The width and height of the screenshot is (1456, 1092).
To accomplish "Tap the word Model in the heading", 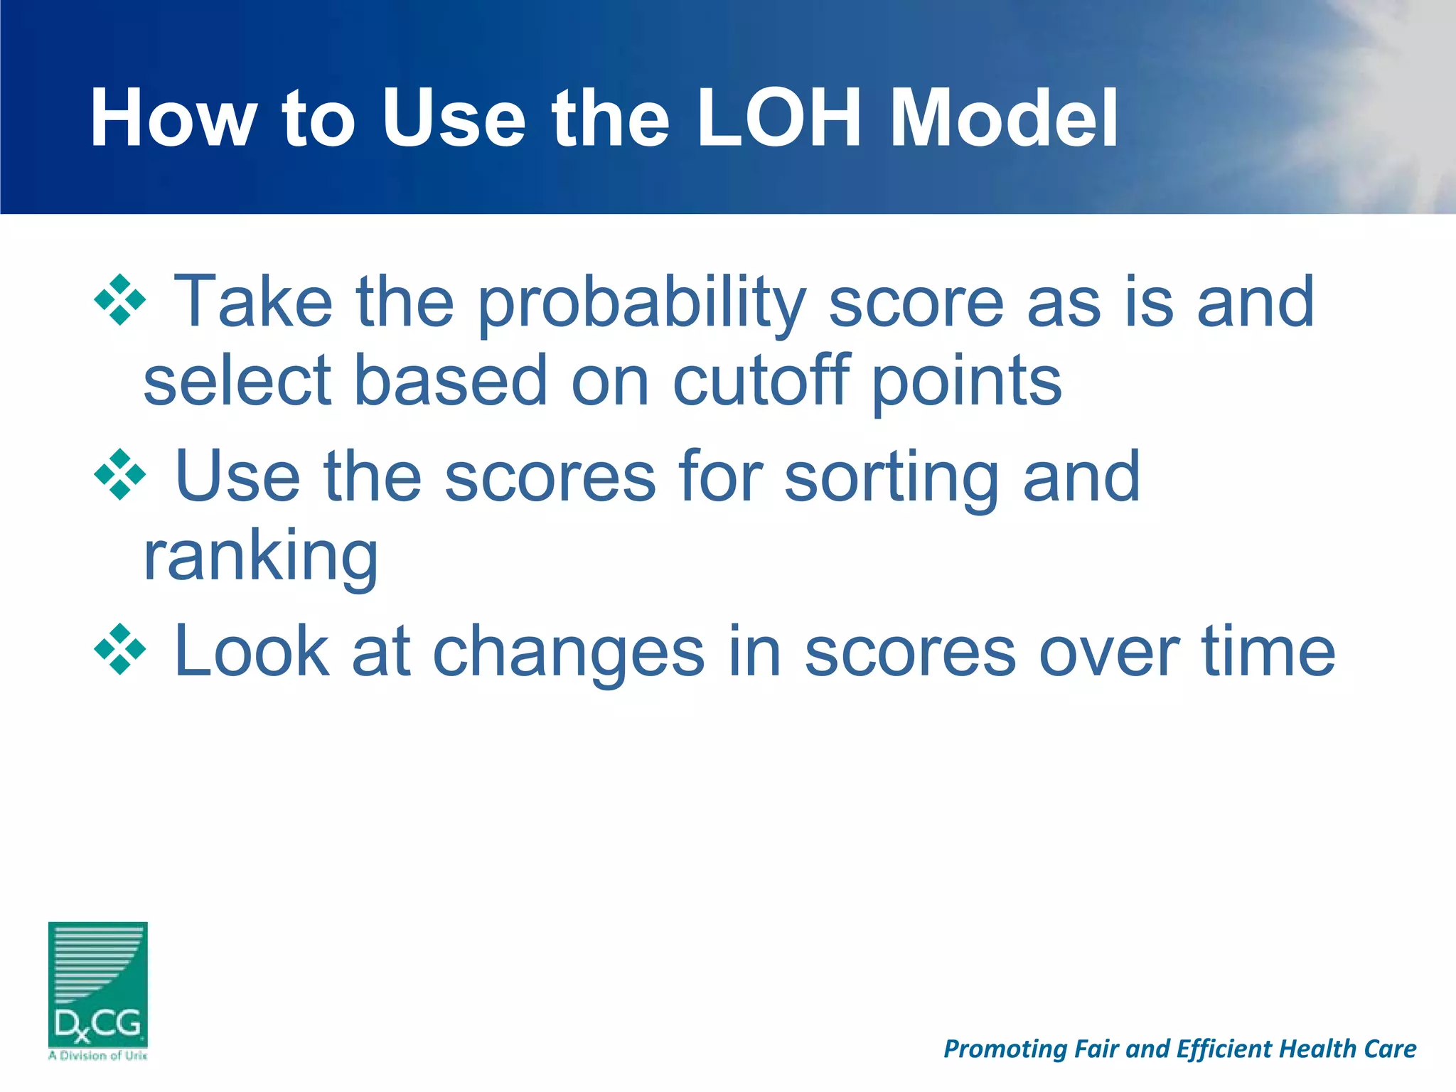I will (x=1005, y=119).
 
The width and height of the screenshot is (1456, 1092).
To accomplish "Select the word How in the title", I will (x=173, y=119).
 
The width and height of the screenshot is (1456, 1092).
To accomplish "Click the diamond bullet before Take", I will (x=120, y=300).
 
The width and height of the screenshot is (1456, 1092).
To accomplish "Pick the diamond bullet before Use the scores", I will (x=120, y=474).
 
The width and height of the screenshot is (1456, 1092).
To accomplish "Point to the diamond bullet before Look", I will (x=120, y=649).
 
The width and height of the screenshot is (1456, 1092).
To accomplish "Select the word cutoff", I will (x=761, y=382).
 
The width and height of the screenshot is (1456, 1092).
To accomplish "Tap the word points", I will (x=967, y=384).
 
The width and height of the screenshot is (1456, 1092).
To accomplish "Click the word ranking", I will (x=260, y=558).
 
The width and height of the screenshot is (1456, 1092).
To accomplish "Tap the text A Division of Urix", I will (x=98, y=1056).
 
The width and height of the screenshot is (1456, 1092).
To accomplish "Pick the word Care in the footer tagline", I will (x=1391, y=1049).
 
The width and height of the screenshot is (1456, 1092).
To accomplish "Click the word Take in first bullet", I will (x=253, y=302).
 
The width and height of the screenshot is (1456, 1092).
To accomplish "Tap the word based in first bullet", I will (x=451, y=382).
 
